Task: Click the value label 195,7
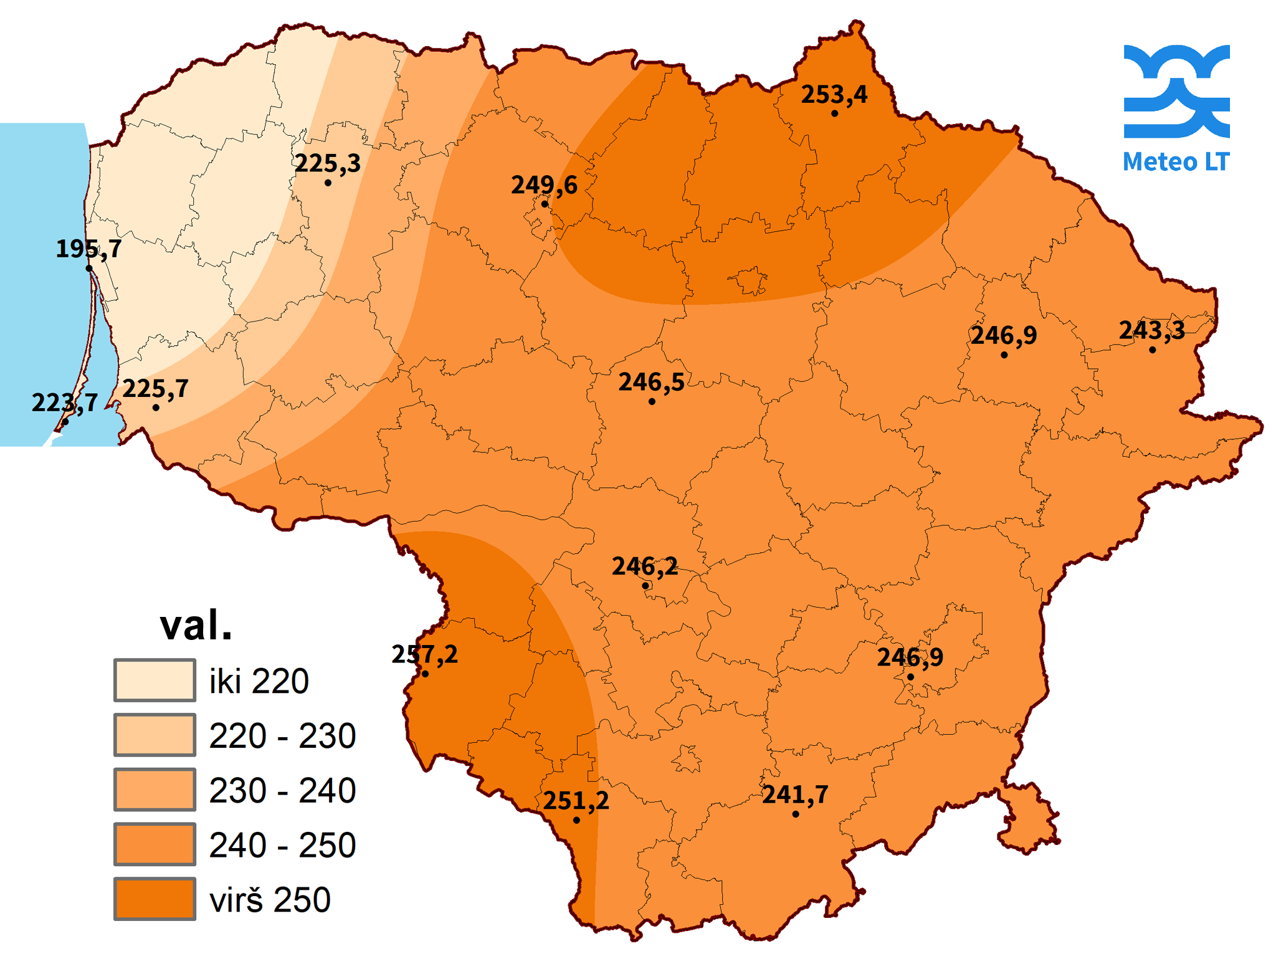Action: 88,249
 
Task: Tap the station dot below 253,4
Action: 834,113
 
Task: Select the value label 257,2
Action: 424,654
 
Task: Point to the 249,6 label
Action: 544,185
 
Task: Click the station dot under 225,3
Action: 328,183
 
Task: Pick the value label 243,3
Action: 1151,330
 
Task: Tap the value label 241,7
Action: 795,795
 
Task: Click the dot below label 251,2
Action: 576,820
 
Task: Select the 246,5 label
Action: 651,382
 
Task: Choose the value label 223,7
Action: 65,403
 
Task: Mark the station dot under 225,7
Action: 156,408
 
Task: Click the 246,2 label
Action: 645,566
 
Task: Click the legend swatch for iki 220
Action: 155,680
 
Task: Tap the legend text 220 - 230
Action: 282,736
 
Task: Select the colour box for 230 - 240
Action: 155,790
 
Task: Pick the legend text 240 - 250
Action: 282,846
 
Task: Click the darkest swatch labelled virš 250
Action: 155,899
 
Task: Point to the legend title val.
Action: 196,625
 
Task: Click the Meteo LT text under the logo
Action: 1176,161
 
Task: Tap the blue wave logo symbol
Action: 1176,91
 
